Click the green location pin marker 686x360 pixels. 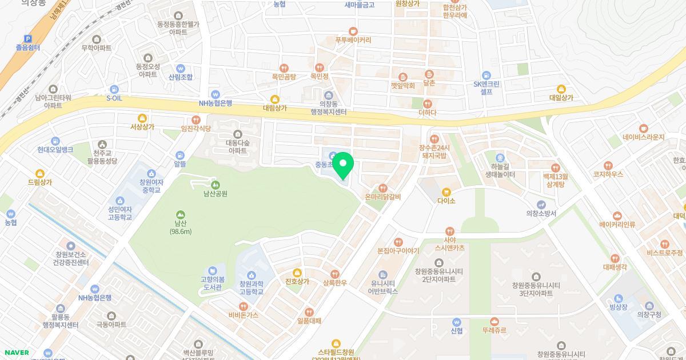coord(343,165)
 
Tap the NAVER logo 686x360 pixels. coord(16,353)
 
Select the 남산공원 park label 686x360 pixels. coord(216,193)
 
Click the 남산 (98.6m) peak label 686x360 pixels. coord(181,227)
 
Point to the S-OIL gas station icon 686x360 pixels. coord(114,89)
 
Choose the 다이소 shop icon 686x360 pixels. coord(446,192)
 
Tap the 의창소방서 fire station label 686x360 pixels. coord(541,214)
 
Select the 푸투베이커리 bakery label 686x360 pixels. coord(353,40)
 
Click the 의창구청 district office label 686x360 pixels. coord(649,315)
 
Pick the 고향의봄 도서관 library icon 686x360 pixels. coord(213,270)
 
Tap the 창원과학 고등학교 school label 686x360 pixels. coord(251,288)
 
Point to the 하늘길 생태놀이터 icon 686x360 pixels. coord(500,158)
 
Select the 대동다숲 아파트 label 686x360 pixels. coord(237,147)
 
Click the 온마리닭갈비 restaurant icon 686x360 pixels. coord(383,188)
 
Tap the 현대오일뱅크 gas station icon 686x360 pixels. coord(55,141)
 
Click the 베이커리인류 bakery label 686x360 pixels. coord(617,225)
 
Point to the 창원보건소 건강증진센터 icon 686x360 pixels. coord(71,246)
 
